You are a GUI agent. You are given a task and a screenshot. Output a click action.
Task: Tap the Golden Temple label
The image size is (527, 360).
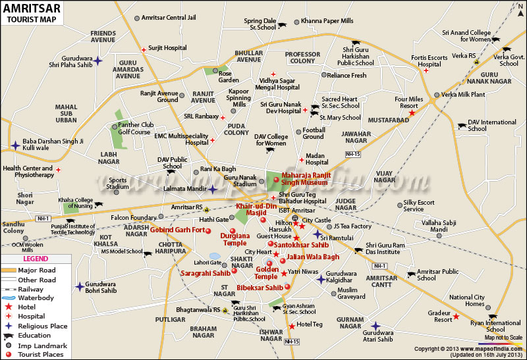(267, 272)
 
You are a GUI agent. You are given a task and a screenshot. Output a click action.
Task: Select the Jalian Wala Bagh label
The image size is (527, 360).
(314, 257)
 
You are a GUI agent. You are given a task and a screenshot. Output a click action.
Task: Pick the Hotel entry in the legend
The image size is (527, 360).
(26, 307)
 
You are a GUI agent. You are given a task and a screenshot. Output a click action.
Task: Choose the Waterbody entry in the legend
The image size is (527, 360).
(32, 297)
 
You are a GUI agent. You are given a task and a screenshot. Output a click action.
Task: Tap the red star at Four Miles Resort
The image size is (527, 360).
(412, 113)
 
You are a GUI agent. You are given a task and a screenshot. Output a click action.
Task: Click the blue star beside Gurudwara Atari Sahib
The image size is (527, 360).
(375, 325)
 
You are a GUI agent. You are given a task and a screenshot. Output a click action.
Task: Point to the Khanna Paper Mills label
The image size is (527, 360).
(327, 22)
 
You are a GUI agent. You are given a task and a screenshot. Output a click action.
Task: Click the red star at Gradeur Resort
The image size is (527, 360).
(456, 317)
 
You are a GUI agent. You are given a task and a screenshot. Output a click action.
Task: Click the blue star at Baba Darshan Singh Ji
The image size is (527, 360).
(14, 145)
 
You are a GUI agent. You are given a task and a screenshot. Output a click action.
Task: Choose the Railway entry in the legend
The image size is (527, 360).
(31, 289)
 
